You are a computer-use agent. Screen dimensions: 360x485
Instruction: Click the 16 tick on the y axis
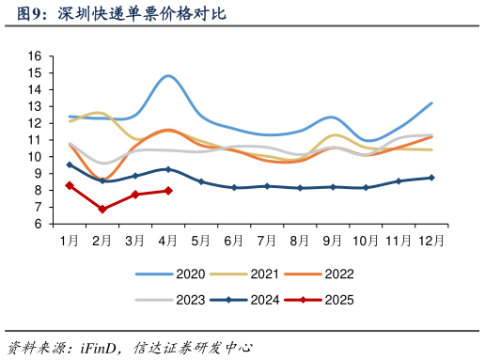point(35,56)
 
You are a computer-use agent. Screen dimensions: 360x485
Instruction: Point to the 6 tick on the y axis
point(39,225)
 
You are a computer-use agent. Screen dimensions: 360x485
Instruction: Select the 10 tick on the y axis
point(35,157)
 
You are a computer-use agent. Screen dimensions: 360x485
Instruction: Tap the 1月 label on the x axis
point(70,241)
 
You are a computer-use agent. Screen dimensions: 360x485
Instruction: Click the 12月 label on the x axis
point(430,241)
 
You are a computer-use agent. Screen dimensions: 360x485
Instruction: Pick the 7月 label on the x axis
point(266,241)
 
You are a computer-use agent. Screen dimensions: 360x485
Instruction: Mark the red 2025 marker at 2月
point(102,209)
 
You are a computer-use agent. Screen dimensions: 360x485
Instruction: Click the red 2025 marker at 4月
point(168,191)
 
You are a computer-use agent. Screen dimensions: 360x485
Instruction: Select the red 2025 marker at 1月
point(70,186)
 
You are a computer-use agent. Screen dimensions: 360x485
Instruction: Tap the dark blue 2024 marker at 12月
point(430,178)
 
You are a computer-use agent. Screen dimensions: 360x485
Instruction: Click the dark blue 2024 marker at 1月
point(70,165)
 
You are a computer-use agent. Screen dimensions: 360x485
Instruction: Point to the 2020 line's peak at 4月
point(168,75)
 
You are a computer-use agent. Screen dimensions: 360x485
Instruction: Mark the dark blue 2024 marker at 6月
point(234,188)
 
